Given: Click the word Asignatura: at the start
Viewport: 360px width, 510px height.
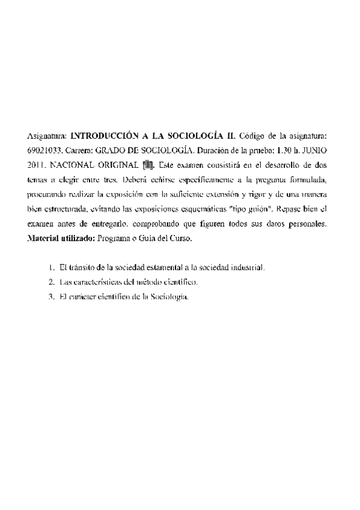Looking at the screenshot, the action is [x=47, y=131].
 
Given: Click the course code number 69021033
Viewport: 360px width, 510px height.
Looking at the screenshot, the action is [x=45, y=147].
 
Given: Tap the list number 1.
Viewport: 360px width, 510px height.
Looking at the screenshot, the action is [x=51, y=266].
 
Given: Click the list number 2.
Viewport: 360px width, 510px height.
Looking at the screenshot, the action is [x=51, y=281].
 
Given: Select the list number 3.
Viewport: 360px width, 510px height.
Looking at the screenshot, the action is [x=51, y=296].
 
